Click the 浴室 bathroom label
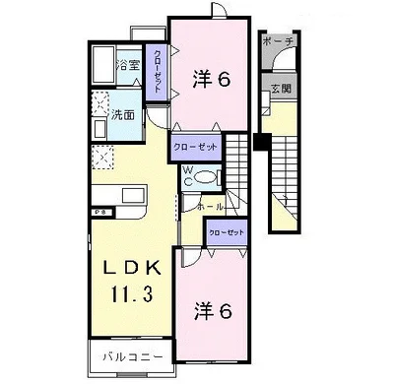click(128, 66)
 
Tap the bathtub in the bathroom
click(102, 67)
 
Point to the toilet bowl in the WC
click(205, 178)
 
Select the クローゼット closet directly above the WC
click(195, 148)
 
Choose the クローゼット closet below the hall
click(225, 233)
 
